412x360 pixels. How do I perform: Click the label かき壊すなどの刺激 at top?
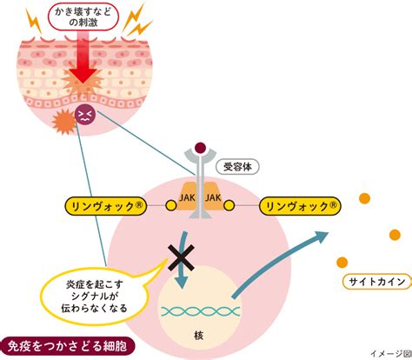click(x=83, y=17)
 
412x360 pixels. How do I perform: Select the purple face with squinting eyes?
click(x=83, y=114)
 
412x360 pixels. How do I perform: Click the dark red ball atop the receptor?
click(x=200, y=148)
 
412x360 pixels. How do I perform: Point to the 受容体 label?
click(x=237, y=167)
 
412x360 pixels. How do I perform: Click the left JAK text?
click(x=187, y=198)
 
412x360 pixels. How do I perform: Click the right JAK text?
click(x=213, y=198)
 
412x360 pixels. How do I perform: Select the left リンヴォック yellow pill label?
click(x=105, y=206)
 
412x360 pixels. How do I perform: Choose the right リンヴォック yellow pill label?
click(x=300, y=206)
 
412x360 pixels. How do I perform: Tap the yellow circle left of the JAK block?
click(x=171, y=205)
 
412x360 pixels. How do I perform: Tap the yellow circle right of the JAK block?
click(x=229, y=205)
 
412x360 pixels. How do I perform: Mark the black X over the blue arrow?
click(x=181, y=257)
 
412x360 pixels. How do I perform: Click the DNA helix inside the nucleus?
click(x=201, y=311)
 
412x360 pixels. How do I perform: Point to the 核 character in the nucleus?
click(x=198, y=336)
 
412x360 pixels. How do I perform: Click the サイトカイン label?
click(x=377, y=282)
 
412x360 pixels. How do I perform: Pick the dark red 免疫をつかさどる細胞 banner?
click(x=67, y=346)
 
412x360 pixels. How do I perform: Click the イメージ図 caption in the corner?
click(x=391, y=354)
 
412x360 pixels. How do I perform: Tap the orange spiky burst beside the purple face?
click(x=64, y=122)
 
